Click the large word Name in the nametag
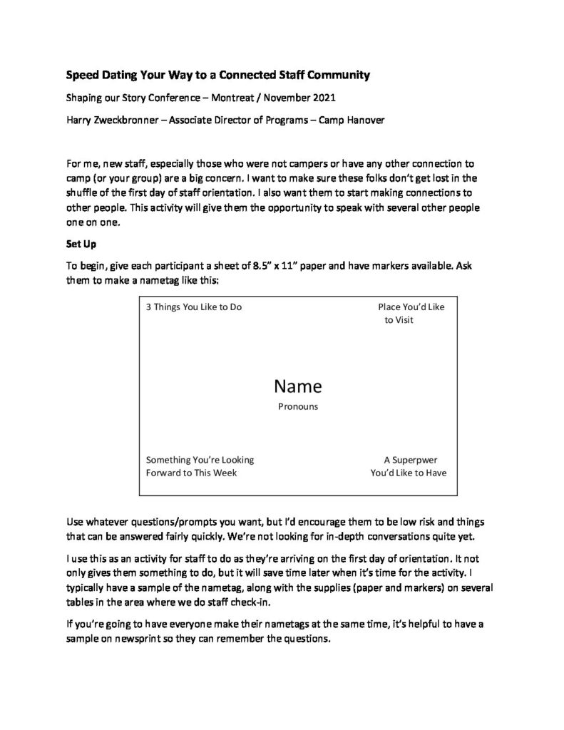point(297,386)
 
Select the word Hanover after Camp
point(366,120)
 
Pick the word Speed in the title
point(82,73)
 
